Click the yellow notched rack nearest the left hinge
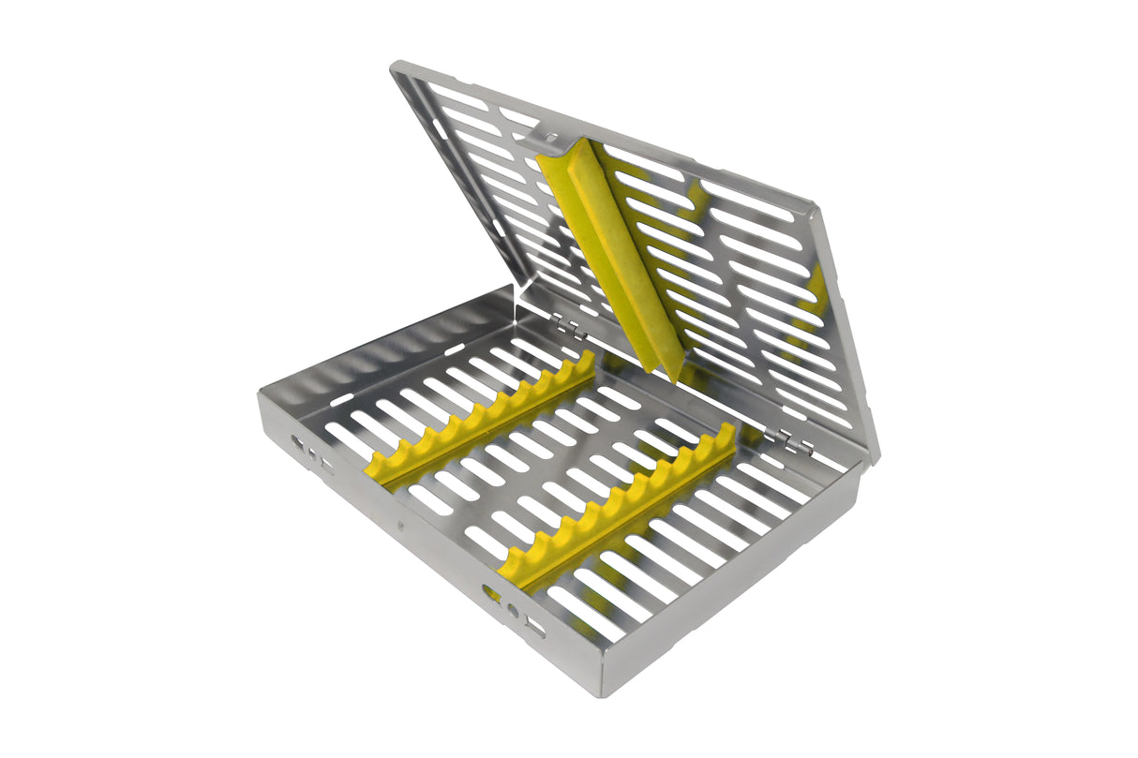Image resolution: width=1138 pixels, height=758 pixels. click(483, 417)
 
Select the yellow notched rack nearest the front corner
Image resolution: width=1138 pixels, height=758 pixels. click(619, 511)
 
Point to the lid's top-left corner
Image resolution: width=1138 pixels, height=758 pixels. click(397, 67)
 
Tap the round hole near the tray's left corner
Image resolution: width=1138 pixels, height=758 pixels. click(312, 452)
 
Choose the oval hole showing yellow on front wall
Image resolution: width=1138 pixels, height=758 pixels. click(491, 592)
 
